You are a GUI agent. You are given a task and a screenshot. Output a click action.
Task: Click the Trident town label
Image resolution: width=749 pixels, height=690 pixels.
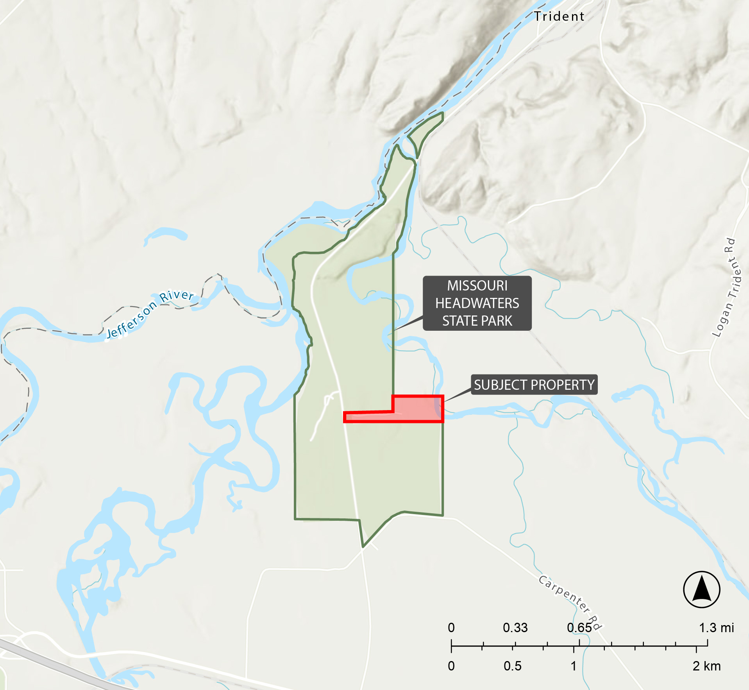click(x=559, y=16)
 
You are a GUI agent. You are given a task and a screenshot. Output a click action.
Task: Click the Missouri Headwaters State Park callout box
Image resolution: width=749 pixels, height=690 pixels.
click(x=477, y=303)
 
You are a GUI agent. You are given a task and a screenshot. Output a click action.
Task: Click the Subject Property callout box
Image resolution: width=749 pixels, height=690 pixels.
click(x=534, y=385)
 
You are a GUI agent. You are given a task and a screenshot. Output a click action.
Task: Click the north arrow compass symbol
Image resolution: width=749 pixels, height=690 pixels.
click(x=702, y=589)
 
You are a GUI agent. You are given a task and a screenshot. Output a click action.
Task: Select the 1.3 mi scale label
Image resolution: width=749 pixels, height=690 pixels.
click(x=716, y=628)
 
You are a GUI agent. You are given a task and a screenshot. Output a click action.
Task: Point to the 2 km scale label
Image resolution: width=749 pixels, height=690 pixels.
click(x=706, y=666)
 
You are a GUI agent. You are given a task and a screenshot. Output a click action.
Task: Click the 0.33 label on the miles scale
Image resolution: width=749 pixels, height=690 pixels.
click(x=515, y=628)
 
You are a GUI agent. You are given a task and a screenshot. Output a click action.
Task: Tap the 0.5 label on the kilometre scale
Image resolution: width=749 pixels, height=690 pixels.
click(x=512, y=666)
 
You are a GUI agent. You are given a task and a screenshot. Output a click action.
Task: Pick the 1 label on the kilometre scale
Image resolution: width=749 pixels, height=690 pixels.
click(x=573, y=666)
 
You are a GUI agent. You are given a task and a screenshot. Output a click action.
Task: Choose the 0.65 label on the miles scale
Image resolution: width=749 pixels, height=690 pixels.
click(x=579, y=628)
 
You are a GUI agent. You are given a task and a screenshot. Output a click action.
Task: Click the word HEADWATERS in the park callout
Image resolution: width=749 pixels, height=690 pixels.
click(x=477, y=303)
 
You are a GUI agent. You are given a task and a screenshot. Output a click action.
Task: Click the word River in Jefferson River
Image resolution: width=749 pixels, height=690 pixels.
click(x=177, y=295)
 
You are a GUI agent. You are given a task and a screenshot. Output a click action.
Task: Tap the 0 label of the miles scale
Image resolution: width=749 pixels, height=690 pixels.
click(x=451, y=628)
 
